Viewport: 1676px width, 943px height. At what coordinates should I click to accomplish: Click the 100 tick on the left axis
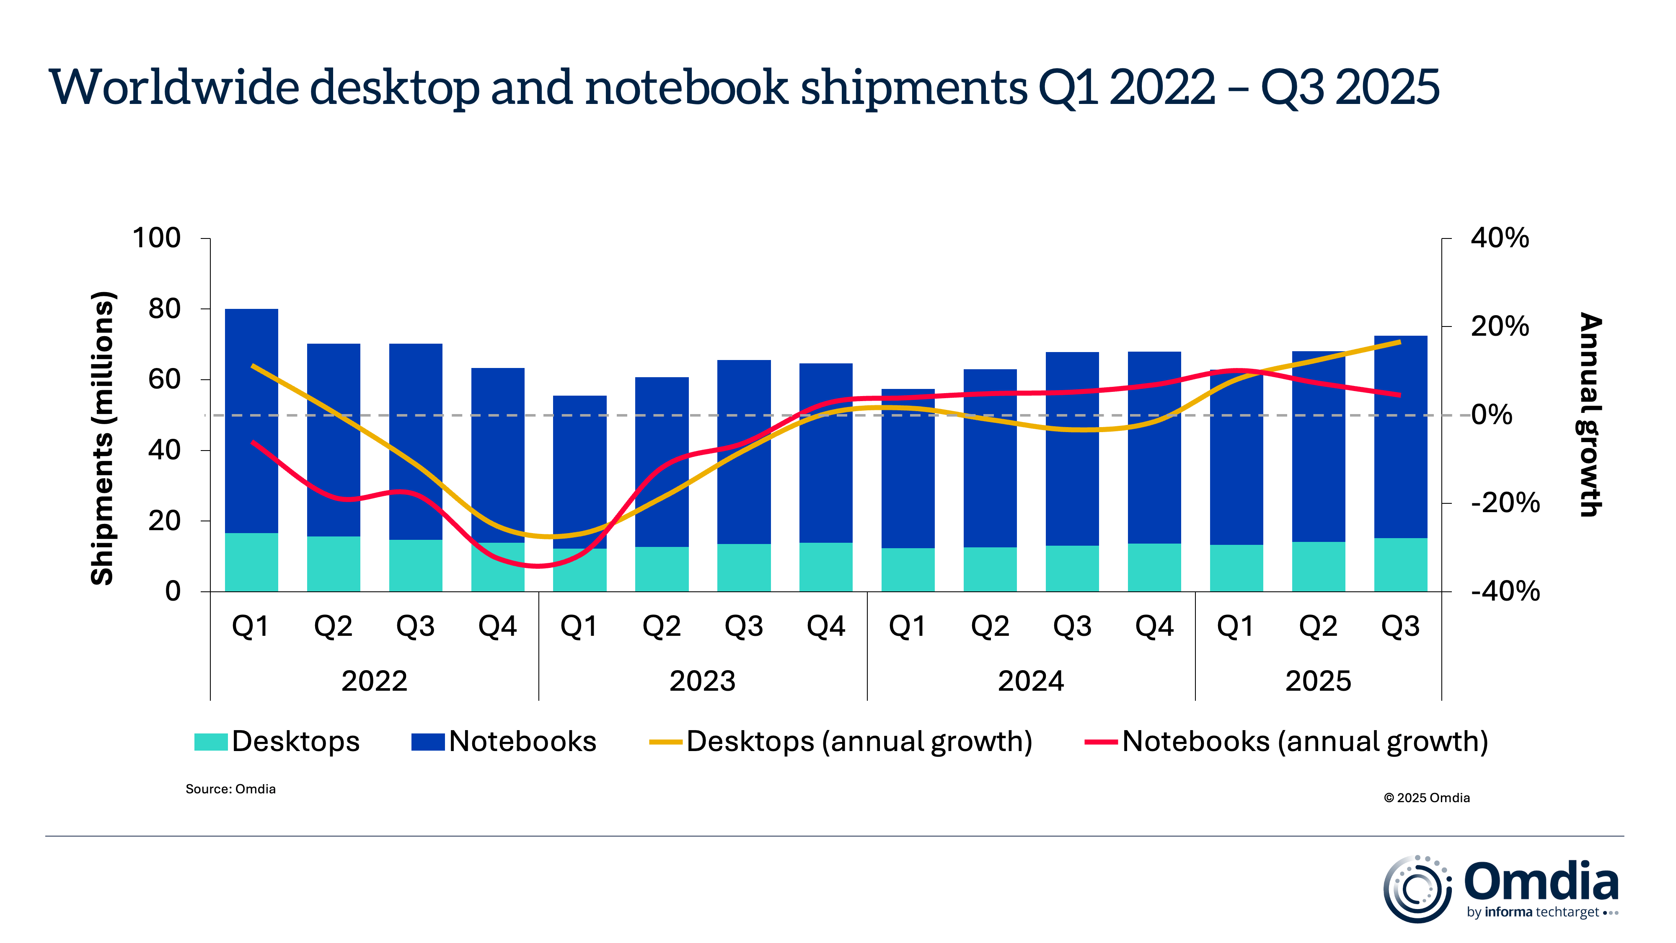pos(156,238)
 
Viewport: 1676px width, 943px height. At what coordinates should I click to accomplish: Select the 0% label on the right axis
pos(1491,415)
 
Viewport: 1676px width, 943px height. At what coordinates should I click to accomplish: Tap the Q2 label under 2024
pos(990,626)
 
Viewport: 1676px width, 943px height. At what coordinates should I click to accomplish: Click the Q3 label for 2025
pos(1400,626)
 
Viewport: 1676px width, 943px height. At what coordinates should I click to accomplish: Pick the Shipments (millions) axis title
pos(102,438)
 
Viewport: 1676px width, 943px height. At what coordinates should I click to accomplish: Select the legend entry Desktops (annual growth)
pos(859,742)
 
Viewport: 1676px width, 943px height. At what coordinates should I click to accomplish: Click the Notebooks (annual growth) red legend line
pos(1101,742)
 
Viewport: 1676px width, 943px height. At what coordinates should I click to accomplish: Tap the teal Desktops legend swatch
pos(211,742)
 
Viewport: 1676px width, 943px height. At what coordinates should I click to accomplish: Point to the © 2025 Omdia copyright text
pos(1426,798)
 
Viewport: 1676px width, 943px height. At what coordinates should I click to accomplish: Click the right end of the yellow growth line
pos(1399,342)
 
